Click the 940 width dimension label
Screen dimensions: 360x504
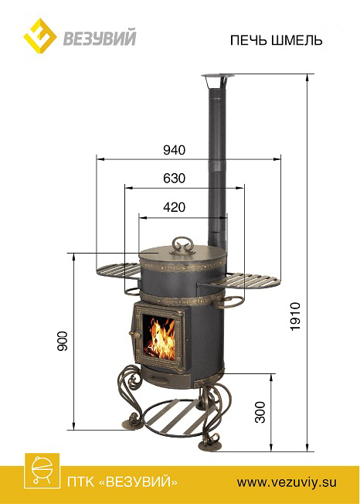tap(175, 150)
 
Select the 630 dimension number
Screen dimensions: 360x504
tap(175, 178)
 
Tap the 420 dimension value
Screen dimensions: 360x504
tap(175, 207)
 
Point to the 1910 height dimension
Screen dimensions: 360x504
tap(295, 316)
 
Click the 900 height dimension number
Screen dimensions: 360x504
tap(63, 341)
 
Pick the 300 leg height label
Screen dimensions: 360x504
tap(260, 412)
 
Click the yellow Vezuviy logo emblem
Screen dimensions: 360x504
tap(40, 36)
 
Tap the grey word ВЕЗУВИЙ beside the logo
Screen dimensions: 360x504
tap(100, 37)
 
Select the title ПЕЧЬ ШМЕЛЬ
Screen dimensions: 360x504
tap(277, 40)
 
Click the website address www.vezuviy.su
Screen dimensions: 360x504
tap(287, 482)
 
